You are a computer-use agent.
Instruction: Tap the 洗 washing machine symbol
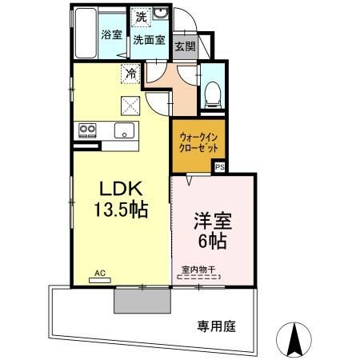pos(141,17)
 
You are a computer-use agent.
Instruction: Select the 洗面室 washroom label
pos(148,38)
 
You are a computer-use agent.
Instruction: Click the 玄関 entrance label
pos(185,46)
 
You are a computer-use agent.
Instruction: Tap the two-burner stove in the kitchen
pos(86,130)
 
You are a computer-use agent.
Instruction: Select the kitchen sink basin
pos(125,130)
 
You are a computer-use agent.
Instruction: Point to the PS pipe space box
pos(219,167)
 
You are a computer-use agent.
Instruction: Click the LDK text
pos(120,189)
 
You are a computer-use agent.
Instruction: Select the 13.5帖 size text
pos(120,211)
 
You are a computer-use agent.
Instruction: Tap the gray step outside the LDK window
pos(142,301)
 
